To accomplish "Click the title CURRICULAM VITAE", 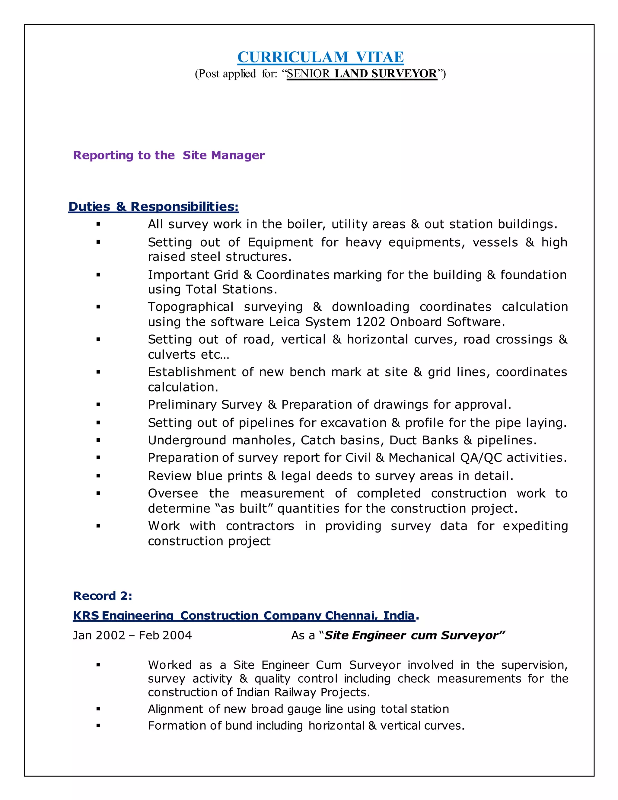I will tap(320, 57).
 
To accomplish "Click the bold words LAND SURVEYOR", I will tap(386, 74).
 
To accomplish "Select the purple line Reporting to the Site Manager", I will tap(169, 155).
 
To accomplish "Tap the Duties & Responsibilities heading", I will tap(153, 206).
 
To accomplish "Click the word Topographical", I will tap(190, 307).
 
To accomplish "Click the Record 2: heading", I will tap(103, 596).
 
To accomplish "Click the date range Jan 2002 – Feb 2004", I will tap(132, 635).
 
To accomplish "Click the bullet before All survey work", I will tap(98, 224).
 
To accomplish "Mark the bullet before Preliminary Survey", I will tap(98, 405).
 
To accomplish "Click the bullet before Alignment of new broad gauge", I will tap(98, 709).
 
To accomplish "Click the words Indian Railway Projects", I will tap(302, 692).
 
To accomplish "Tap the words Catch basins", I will tap(342, 440).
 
